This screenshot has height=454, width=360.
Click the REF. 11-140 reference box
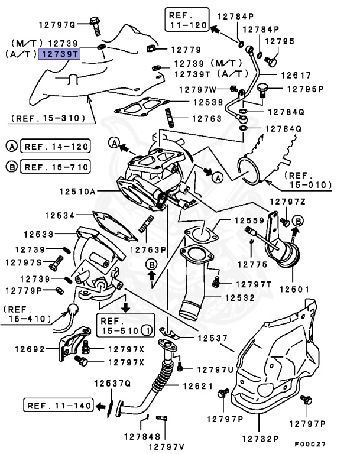[58, 406]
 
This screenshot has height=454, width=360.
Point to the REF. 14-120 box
[54, 145]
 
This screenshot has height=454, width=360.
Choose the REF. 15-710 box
[54, 167]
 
